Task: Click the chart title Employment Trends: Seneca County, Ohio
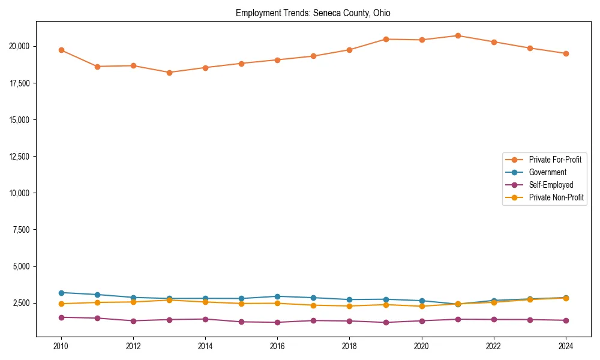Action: (313, 13)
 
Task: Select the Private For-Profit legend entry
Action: (554, 160)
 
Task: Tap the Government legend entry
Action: (547, 172)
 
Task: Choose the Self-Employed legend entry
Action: (551, 185)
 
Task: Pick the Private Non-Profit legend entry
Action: (556, 197)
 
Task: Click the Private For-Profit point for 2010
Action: (61, 50)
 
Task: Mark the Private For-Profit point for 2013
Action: (169, 73)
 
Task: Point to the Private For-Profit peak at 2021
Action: (458, 35)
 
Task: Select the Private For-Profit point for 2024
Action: (566, 53)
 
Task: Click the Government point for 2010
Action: (61, 293)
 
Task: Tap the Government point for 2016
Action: (277, 296)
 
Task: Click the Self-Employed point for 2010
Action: (61, 317)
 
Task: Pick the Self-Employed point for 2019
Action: (386, 323)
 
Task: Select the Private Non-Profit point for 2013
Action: (169, 300)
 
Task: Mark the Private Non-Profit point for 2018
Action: (350, 306)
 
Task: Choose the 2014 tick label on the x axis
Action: (205, 346)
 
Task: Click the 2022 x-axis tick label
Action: (494, 346)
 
